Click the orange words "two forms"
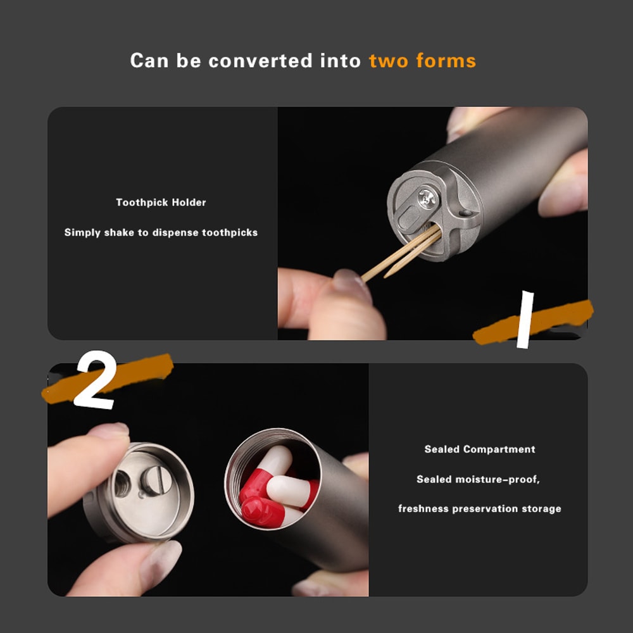click(x=422, y=61)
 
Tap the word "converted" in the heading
click(x=260, y=61)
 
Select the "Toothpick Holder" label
click(x=161, y=203)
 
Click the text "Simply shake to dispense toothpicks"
click(x=161, y=232)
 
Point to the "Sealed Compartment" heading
click(x=480, y=449)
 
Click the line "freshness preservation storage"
click(x=480, y=509)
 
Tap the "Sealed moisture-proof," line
click(x=478, y=479)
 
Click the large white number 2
click(x=96, y=380)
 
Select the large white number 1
click(x=525, y=320)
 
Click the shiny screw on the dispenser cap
click(x=428, y=197)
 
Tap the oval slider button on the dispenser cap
click(x=409, y=218)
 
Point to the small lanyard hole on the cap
click(x=465, y=213)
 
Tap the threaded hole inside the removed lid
click(x=122, y=484)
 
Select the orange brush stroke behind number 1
click(x=533, y=322)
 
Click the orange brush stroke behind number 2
click(x=108, y=379)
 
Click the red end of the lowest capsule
click(x=258, y=512)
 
